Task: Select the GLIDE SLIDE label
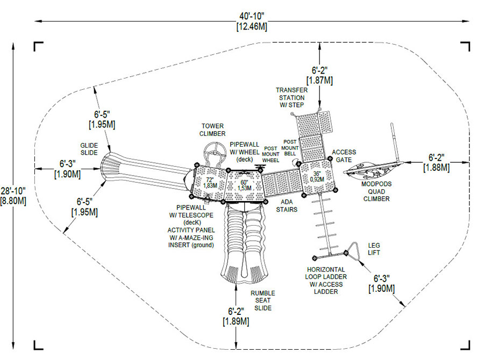click(89, 149)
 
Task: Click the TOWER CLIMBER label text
click(212, 129)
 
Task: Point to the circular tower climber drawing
click(213, 150)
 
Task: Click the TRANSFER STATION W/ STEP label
click(291, 97)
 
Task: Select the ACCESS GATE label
click(344, 156)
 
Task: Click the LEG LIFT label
click(374, 248)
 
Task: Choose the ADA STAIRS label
click(287, 206)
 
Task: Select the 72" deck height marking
click(210, 182)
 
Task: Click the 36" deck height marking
click(319, 176)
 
